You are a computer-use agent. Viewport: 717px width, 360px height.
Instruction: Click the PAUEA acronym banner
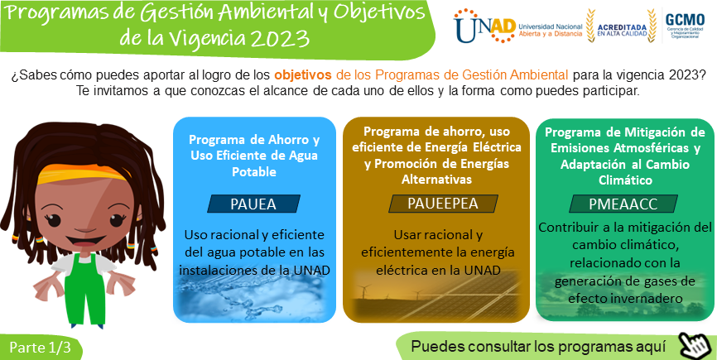coord(254,204)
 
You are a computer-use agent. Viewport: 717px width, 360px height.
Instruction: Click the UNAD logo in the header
coord(484,25)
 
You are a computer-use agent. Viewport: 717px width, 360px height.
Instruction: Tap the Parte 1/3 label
coord(41,348)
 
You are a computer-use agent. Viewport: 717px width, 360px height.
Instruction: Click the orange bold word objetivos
coord(303,74)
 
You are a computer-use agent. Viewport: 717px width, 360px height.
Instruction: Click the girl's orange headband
coord(82,174)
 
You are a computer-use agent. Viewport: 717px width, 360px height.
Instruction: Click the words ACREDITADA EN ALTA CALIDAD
coord(622,30)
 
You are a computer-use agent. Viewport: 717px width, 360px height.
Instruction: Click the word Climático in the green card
coord(626,180)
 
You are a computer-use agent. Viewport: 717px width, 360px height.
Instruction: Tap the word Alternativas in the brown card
coord(436,180)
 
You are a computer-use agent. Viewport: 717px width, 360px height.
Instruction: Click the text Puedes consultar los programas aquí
coord(538,346)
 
